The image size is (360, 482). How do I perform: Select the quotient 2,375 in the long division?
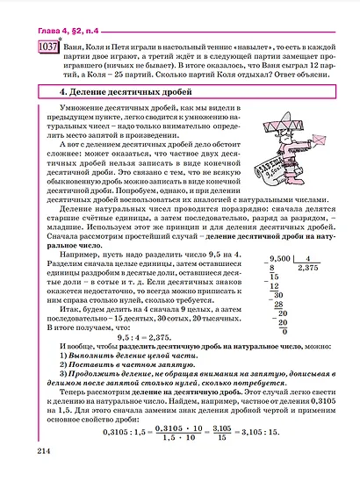point(308,270)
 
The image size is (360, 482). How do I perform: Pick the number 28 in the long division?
point(279,305)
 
